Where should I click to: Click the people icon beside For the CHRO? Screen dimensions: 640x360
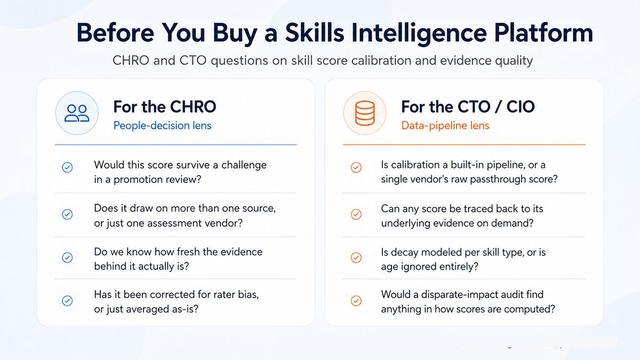(x=77, y=113)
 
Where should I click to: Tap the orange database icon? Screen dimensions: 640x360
(x=365, y=113)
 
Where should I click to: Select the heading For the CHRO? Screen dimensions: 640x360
(x=165, y=107)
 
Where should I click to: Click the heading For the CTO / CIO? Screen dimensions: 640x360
(x=468, y=107)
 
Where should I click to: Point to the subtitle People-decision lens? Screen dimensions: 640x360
(x=162, y=125)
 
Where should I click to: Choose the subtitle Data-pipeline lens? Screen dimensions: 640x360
(x=445, y=125)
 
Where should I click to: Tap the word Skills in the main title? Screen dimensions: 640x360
(x=315, y=33)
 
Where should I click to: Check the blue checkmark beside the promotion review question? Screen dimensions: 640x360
(x=67, y=167)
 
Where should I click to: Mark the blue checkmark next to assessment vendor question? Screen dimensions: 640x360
(x=67, y=214)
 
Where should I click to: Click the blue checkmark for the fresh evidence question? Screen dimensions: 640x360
(x=67, y=258)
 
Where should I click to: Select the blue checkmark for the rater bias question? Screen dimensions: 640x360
(x=67, y=301)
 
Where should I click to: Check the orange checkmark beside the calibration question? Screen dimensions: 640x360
(x=356, y=167)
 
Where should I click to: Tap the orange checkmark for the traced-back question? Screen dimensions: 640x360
(x=356, y=214)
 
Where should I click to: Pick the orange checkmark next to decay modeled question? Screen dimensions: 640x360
(x=356, y=258)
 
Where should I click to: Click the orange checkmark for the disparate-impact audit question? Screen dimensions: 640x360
(x=356, y=301)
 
